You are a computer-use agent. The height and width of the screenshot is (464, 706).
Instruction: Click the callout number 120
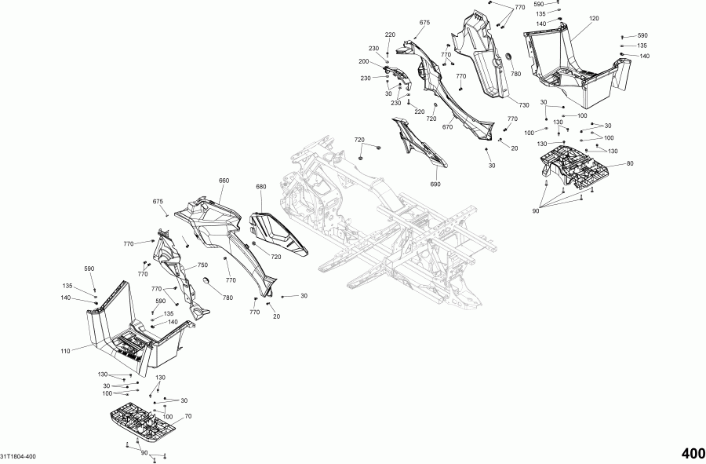[593, 17]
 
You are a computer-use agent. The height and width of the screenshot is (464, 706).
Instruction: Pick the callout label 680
[261, 187]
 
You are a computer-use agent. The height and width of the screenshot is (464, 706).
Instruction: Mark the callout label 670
[448, 127]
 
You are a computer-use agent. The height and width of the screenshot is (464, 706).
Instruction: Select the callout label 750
[202, 265]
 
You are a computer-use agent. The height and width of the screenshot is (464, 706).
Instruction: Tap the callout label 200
[364, 61]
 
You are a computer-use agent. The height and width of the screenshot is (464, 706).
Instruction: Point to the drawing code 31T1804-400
[19, 456]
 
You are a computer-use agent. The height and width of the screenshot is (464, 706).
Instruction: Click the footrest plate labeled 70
[144, 424]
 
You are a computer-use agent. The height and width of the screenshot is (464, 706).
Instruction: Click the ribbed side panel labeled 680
[278, 233]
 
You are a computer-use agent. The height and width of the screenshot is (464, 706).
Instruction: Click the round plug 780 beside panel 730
[504, 57]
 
